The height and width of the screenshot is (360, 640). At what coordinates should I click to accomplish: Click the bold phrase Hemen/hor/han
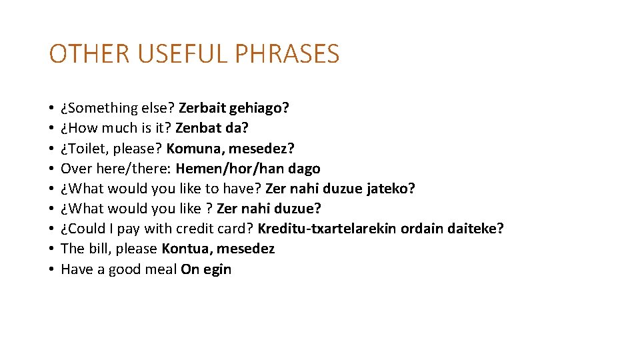click(x=230, y=169)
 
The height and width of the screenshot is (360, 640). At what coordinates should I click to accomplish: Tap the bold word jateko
click(x=393, y=189)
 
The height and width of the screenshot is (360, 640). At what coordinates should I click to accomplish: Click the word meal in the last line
click(x=163, y=269)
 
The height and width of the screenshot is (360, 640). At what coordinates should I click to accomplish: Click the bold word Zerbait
click(x=202, y=108)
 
